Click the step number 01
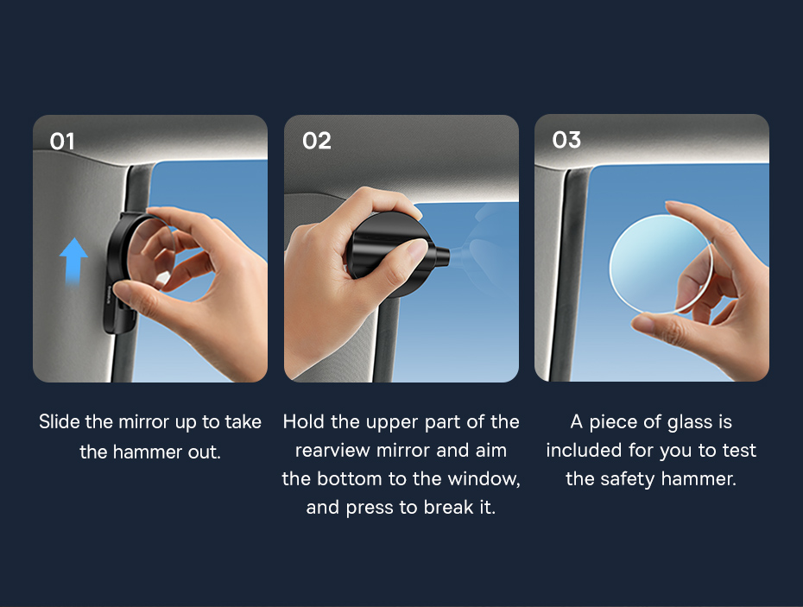coord(62,142)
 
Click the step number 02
coord(317,141)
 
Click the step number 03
coord(566,140)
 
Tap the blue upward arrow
coord(73,261)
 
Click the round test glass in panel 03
coord(661,264)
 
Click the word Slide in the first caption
coord(60,422)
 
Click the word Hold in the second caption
coord(304,422)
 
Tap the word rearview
coord(332,450)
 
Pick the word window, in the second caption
coord(484,479)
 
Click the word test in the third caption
coord(739,450)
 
